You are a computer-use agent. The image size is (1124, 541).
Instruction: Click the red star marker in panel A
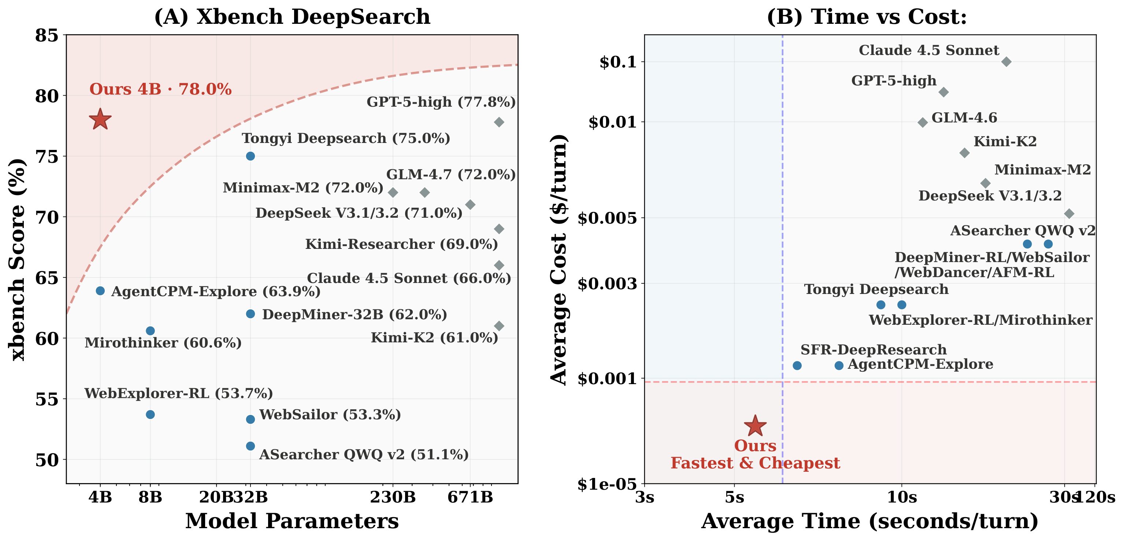(x=100, y=119)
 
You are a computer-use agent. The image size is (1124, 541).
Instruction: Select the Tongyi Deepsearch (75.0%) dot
(x=251, y=156)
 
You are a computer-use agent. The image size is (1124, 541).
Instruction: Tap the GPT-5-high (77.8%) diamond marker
(x=499, y=122)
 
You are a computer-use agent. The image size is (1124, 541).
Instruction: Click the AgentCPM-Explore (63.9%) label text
(x=216, y=292)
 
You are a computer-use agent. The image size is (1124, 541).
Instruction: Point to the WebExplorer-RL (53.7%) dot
(x=150, y=415)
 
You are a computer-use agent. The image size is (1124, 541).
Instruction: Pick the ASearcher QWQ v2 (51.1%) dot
(x=251, y=446)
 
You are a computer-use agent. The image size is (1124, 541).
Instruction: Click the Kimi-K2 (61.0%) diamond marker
(x=499, y=326)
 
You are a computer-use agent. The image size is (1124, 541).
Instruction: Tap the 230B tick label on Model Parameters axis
(x=393, y=497)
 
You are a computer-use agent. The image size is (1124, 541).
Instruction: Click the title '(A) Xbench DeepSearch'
(x=292, y=17)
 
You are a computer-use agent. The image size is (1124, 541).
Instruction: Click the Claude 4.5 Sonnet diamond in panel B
(x=1006, y=62)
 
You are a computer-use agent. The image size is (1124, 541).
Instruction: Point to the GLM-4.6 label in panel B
(x=964, y=118)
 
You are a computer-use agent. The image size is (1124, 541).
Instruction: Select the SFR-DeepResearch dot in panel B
(x=797, y=365)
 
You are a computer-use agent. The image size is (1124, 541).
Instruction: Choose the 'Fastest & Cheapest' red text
(x=755, y=463)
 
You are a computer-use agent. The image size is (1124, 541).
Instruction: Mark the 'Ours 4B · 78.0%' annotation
(x=160, y=89)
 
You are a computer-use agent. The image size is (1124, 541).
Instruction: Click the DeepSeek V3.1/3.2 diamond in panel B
(x=1069, y=214)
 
